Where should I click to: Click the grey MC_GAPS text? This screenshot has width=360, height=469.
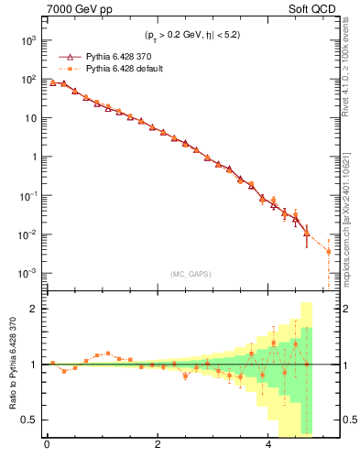pos(187,274)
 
